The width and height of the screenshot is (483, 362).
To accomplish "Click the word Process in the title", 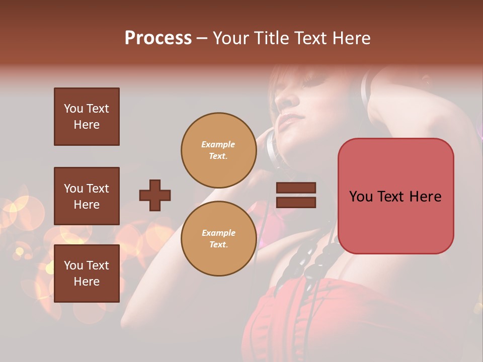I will (158, 38).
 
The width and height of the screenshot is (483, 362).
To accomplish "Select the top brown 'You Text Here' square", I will (87, 117).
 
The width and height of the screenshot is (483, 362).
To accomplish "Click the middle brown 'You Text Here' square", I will (87, 196).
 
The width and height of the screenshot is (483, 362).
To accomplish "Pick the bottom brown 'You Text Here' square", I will (87, 274).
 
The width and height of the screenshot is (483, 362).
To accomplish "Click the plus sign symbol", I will (155, 195).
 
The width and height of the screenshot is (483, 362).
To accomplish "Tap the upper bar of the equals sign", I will (296, 188).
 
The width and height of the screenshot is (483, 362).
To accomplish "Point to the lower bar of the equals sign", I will (296, 202).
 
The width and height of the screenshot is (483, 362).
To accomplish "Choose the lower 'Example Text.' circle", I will (218, 239).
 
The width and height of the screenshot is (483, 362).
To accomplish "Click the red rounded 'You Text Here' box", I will (395, 196).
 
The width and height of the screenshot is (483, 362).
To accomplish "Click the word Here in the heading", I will (351, 38).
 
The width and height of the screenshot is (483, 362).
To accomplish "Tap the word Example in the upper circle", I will (218, 145).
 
